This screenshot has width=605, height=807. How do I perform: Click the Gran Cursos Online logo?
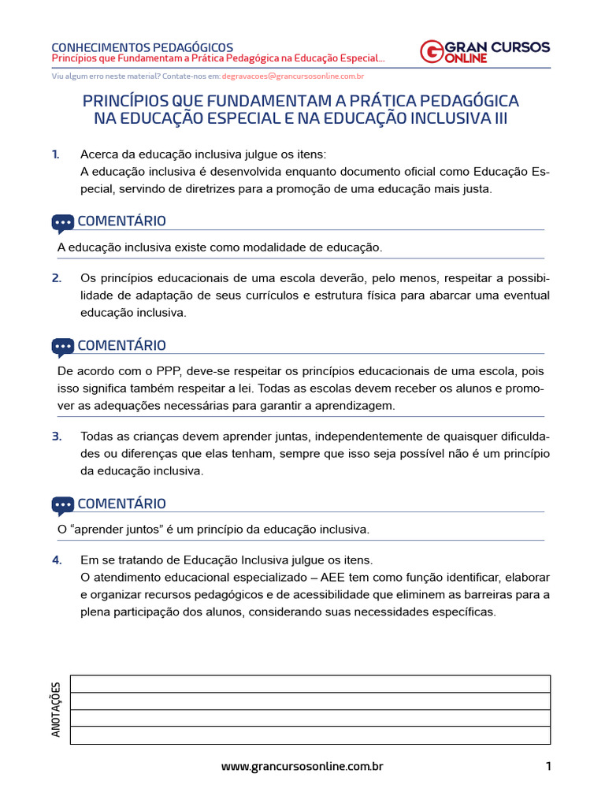pos(484,51)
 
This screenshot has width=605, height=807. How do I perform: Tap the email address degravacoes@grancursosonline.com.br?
pos(292,76)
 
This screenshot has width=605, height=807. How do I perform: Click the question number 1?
pos(55,154)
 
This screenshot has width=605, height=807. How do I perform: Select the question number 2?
pos(56,277)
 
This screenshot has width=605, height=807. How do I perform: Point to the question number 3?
pos(56,436)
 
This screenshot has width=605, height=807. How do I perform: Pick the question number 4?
pos(56,560)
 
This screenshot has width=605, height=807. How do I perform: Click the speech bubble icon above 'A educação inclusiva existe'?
pos(63,223)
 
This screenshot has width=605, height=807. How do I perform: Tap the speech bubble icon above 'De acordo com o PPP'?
pos(63,347)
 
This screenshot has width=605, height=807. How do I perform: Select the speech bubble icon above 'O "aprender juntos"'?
pos(63,505)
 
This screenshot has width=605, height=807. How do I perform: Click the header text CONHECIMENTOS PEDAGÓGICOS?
pos(142,47)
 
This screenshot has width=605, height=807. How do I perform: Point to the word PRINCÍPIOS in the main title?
pos(129,102)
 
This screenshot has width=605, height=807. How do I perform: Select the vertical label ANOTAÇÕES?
pos(56,709)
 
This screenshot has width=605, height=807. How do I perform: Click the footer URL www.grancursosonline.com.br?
pos(302,766)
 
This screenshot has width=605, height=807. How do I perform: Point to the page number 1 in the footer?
pos(547,766)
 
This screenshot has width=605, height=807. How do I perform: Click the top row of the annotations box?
pos(310,684)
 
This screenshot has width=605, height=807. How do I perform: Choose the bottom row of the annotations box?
pos(310,735)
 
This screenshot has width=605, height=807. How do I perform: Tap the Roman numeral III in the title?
pos(499,119)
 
